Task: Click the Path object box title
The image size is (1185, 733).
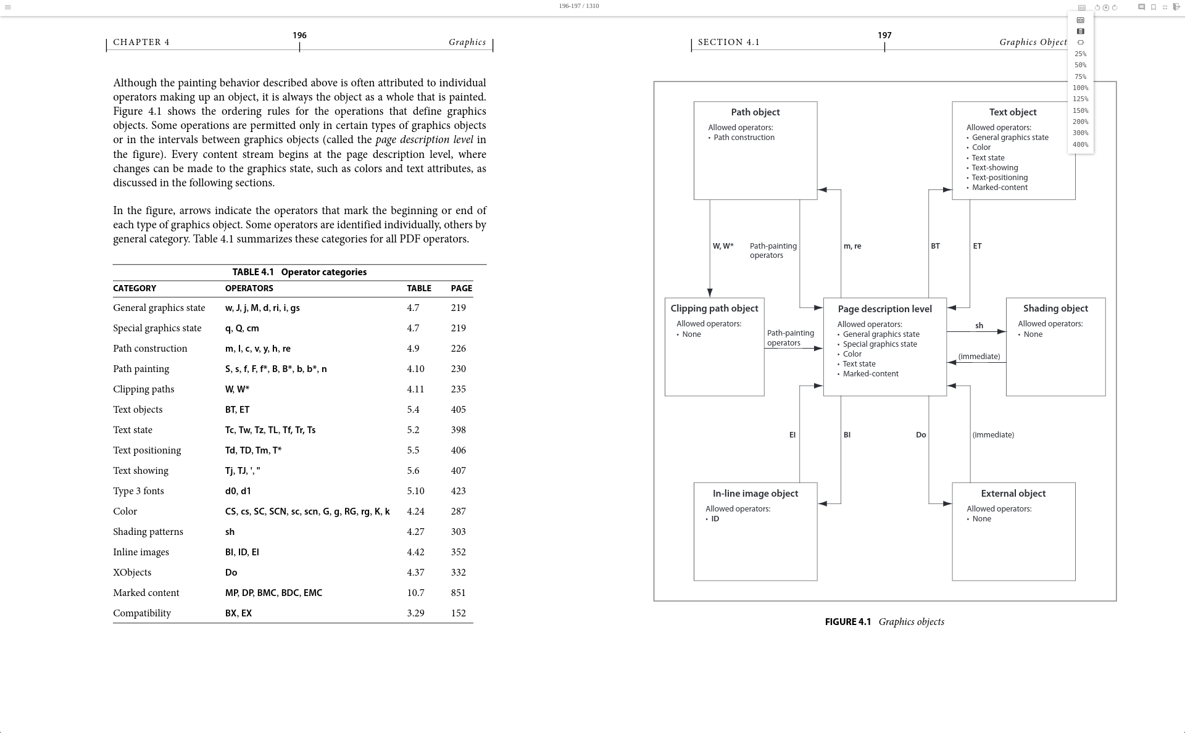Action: point(755,112)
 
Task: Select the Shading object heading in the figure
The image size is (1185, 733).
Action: point(1055,309)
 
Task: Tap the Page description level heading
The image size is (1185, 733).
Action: point(884,309)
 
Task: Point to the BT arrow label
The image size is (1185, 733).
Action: point(935,246)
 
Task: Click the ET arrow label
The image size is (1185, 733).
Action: point(977,246)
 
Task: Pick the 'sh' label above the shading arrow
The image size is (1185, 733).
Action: point(979,326)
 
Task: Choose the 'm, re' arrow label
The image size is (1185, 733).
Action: point(852,246)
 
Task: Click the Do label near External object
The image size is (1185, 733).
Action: point(921,435)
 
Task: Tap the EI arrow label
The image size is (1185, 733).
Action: point(792,435)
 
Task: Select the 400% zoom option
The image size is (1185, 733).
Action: point(1080,145)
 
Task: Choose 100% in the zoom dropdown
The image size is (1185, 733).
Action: point(1080,88)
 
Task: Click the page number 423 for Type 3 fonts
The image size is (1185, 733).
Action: point(458,491)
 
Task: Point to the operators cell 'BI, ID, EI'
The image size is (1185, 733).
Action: point(242,552)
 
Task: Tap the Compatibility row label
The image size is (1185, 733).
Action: point(142,613)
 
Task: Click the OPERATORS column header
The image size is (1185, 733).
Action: point(249,289)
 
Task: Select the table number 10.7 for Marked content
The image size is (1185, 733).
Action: point(415,593)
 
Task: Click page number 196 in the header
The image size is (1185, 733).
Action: point(299,36)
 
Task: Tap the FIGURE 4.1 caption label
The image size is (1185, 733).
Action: point(847,622)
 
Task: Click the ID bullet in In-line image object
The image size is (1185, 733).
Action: point(715,519)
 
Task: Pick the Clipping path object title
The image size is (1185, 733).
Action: point(714,309)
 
